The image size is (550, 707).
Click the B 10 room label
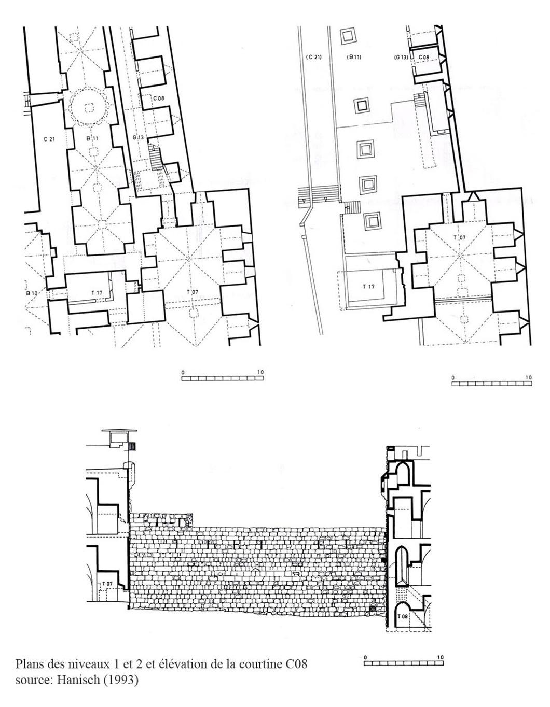pos(32,293)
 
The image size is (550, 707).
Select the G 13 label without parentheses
pos(138,137)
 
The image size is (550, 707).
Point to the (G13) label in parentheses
pos(401,57)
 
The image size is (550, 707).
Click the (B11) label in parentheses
pos(354,57)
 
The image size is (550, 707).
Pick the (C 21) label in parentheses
pos(313,57)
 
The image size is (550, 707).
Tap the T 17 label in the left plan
pos(97,292)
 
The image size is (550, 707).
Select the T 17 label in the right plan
pos(368,286)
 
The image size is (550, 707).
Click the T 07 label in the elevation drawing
pos(107,584)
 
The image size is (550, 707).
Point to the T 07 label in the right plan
pos(460,237)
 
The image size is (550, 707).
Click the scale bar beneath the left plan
pos(223,378)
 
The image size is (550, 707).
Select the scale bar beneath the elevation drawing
pos(404,663)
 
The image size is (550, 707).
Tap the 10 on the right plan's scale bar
pos(528,377)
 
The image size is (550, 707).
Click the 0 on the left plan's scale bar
pos(183,372)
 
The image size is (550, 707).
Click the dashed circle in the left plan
pos(89,107)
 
